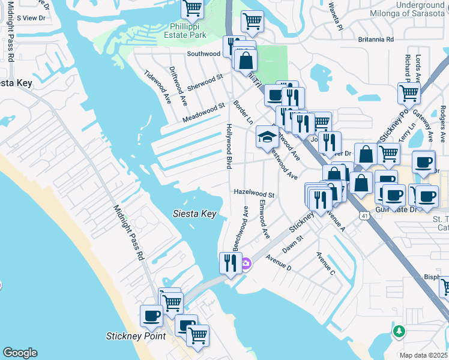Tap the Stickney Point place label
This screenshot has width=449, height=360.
(136, 335)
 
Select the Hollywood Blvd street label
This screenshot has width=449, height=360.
(229, 146)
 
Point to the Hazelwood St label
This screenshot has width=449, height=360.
(254, 194)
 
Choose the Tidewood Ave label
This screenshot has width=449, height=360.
(157, 87)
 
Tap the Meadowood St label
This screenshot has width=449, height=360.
(203, 113)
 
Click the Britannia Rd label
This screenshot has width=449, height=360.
(373, 40)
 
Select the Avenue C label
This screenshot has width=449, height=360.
(326, 263)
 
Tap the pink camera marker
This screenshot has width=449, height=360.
(246, 263)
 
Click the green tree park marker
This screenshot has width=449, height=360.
(399, 331)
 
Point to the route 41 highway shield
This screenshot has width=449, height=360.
(364, 214)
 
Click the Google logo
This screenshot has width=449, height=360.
(20, 353)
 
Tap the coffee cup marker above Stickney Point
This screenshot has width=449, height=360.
(151, 315)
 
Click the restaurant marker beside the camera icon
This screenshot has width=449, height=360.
(231, 263)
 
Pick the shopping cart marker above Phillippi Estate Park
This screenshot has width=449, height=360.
(192, 8)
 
